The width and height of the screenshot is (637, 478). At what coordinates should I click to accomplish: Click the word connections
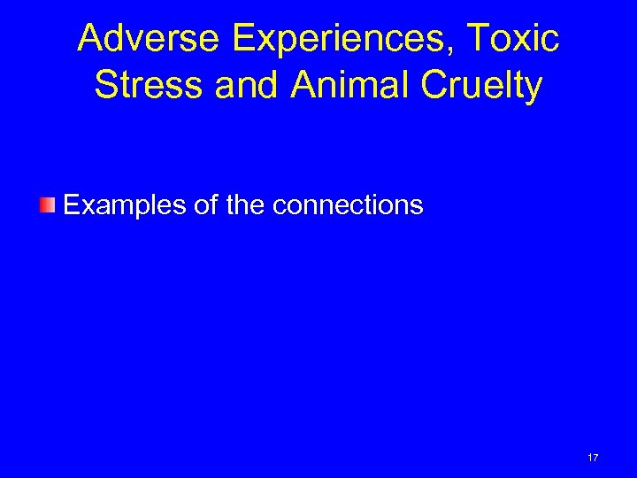tap(349, 205)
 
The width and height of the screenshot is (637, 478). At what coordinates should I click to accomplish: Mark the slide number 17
tap(593, 458)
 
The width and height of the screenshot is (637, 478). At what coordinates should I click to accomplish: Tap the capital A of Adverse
tap(89, 38)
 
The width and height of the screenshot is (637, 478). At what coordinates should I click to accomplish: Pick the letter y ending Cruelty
tap(533, 88)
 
